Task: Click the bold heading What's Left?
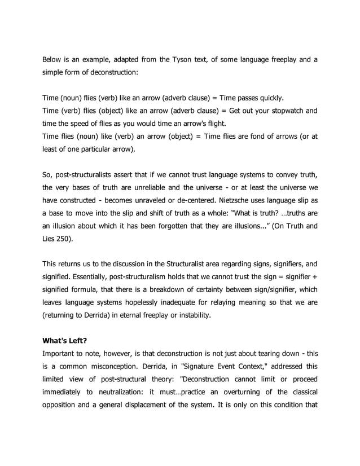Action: point(65,341)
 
